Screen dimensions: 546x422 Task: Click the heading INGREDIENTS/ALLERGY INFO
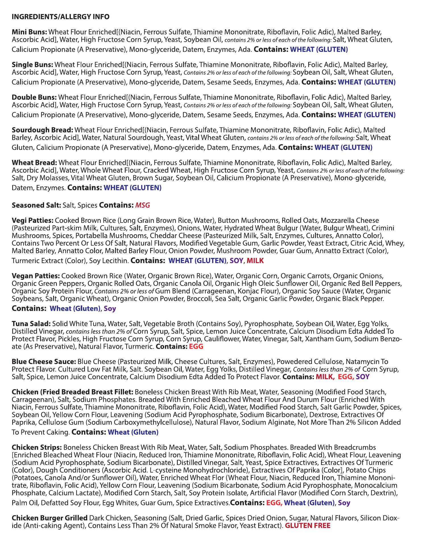(61, 17)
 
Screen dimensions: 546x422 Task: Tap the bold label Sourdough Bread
(42, 130)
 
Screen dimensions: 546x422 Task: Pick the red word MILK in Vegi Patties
(255, 261)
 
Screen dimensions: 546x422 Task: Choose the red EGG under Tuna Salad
(196, 347)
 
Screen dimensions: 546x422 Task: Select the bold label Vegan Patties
(36, 276)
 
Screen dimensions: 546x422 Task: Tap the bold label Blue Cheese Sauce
(44, 362)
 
